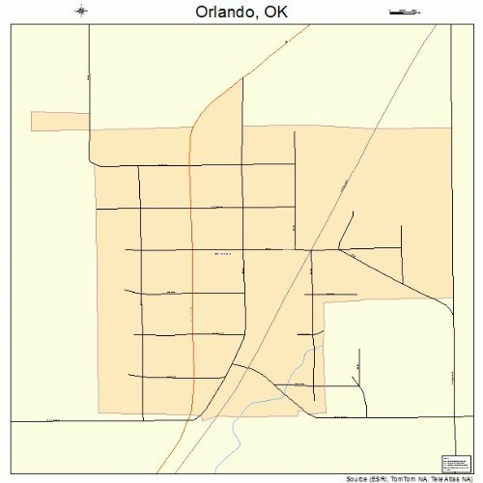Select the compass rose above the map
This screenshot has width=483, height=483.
81,12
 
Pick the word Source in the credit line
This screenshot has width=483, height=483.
358,478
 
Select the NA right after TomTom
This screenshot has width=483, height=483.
425,478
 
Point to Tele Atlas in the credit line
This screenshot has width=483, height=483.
447,478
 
